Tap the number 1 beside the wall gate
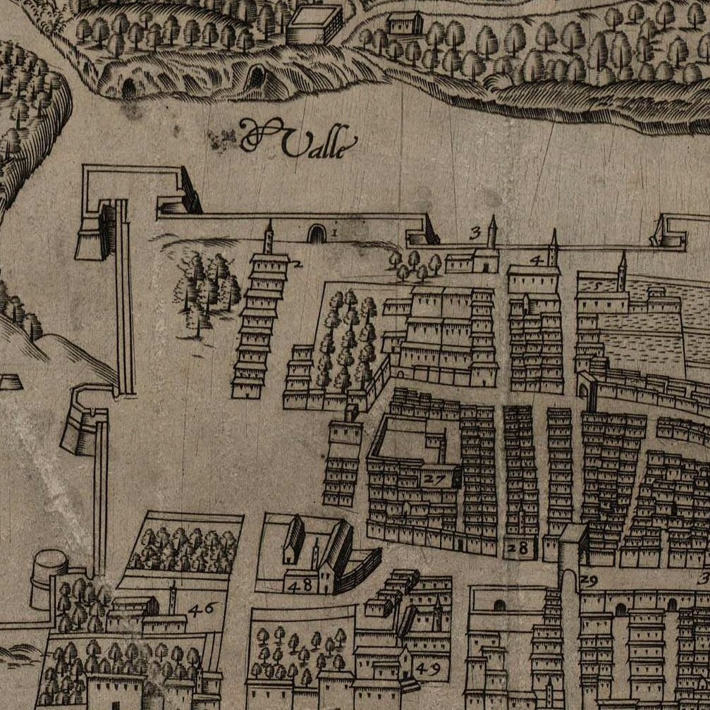point(334,230)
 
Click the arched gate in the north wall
point(317,233)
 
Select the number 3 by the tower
point(475,231)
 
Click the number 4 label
point(537,260)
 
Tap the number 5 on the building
point(599,286)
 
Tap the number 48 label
point(300,584)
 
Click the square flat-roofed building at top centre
point(314,25)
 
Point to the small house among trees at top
point(405,23)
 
